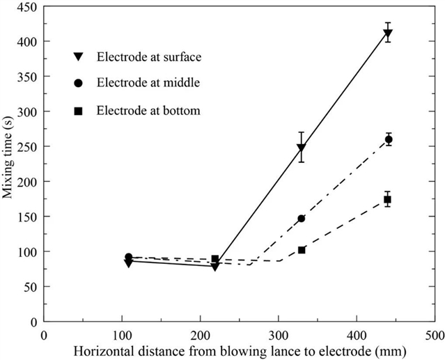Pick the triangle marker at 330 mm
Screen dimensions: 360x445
coord(301,148)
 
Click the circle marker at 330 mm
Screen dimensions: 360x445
coord(301,219)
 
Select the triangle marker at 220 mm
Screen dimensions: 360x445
coord(215,266)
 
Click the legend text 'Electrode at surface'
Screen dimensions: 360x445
coord(148,55)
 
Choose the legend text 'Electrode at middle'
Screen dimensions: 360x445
coord(148,83)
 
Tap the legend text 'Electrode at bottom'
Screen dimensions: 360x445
coord(148,110)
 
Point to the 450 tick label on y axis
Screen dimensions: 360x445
coord(28,7)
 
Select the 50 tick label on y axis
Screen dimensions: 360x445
coord(31,287)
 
